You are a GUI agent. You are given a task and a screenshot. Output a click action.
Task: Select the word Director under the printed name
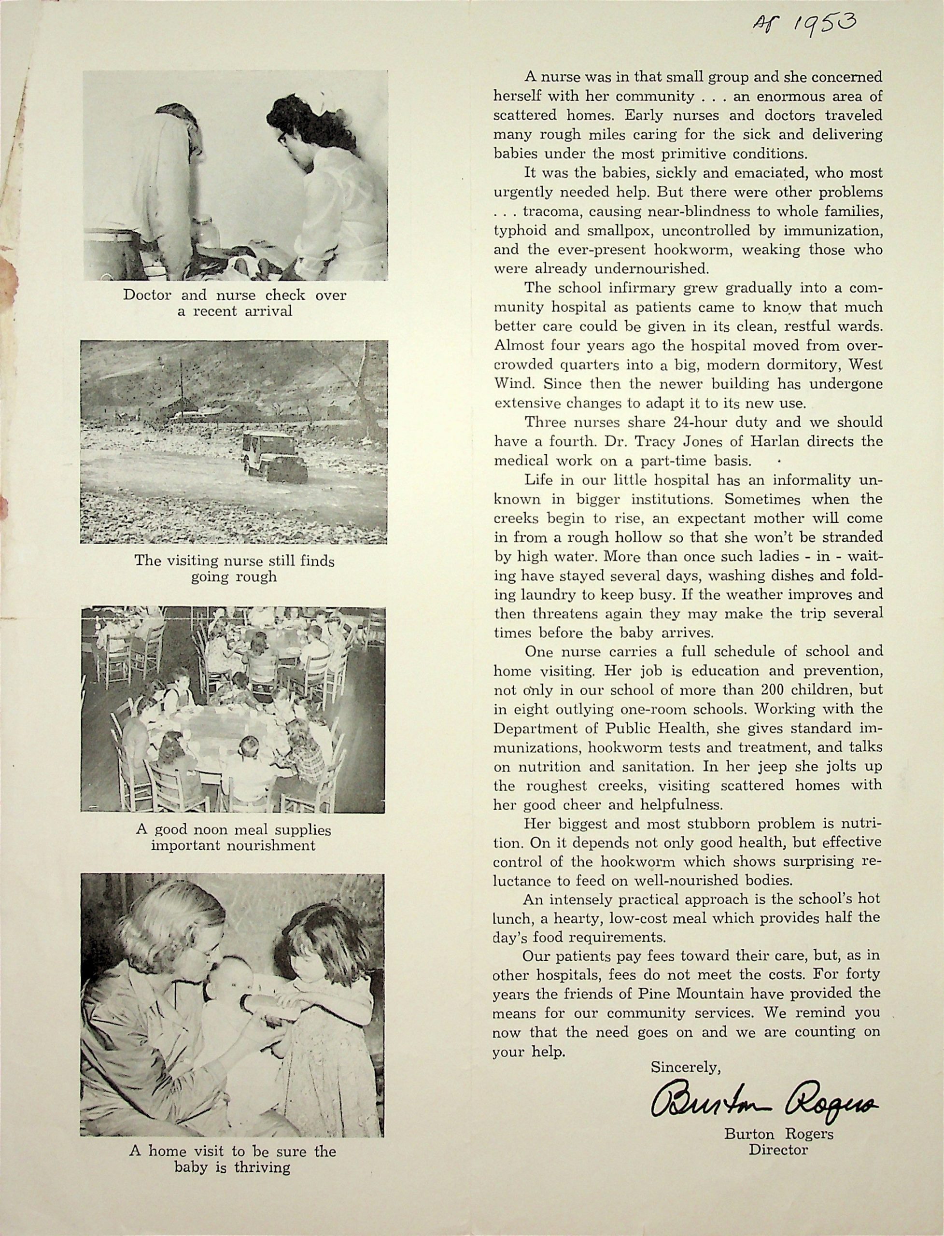[x=778, y=1150]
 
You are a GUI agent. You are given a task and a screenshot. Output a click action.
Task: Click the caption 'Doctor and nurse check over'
[x=235, y=295]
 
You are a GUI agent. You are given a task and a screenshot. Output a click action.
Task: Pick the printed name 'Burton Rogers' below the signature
[x=778, y=1134]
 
